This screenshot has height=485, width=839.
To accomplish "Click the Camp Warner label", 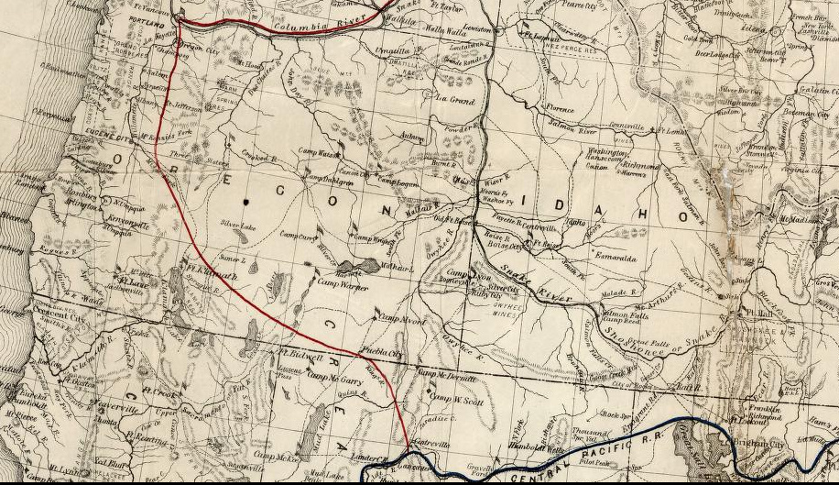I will click(342, 286).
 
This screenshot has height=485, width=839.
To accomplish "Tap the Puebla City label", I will click(384, 353).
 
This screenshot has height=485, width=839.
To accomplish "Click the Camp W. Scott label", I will click(455, 400).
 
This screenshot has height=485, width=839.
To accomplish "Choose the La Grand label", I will click(455, 100).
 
